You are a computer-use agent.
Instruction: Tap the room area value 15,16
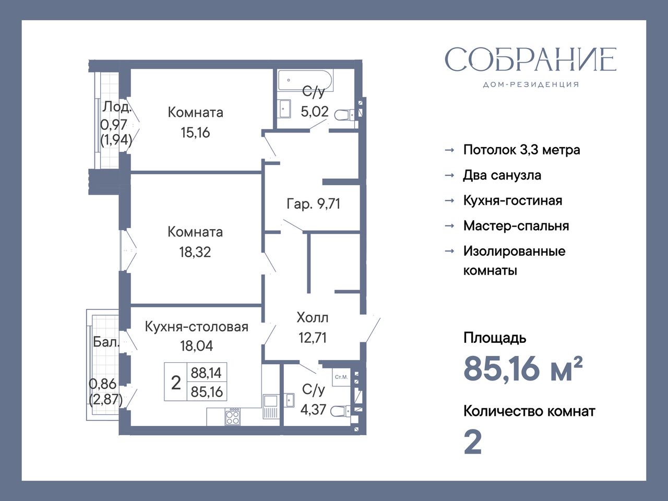[195, 133]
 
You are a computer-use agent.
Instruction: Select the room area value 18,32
[195, 252]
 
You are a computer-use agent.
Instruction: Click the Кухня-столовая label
[197, 327]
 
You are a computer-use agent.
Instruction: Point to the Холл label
[312, 318]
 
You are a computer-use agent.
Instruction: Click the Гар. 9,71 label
[313, 204]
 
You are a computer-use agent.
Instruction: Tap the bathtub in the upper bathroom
[305, 80]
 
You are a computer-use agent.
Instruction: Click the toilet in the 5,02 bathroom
[344, 115]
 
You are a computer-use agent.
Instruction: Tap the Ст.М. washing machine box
[341, 377]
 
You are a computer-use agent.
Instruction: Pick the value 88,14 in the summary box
[206, 373]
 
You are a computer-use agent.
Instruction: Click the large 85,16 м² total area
[523, 369]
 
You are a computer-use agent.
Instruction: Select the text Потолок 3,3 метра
[522, 150]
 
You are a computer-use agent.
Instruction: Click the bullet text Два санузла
[502, 175]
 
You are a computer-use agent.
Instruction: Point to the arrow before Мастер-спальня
[449, 225]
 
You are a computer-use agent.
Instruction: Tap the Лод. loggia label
[117, 107]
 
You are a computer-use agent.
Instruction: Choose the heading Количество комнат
[529, 412]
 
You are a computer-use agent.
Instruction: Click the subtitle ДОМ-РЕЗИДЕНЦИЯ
[531, 85]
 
